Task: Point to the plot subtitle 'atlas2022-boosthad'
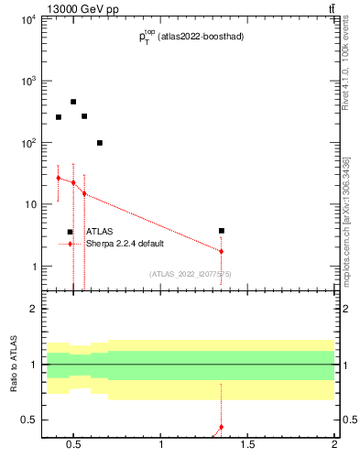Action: (x=199, y=37)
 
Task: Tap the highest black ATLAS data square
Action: (x=73, y=102)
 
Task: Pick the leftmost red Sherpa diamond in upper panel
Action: (x=58, y=178)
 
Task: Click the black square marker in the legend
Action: (x=70, y=233)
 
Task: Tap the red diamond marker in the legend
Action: (x=70, y=244)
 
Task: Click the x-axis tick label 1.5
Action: (x=247, y=446)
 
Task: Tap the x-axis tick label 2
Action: (x=334, y=446)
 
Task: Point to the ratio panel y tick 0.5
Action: (x=29, y=420)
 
